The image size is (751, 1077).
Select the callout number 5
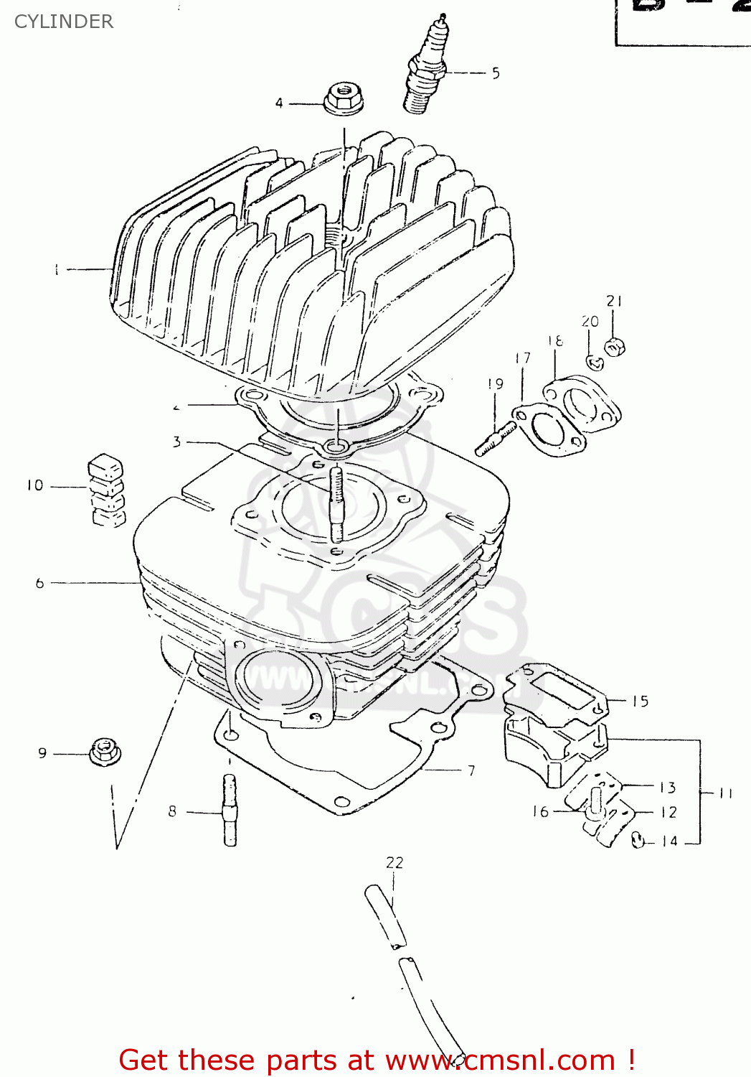(x=496, y=73)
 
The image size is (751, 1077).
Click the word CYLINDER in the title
(x=64, y=22)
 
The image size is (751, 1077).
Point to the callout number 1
(x=56, y=270)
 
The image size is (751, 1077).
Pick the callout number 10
(x=35, y=486)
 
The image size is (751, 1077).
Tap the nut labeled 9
(x=105, y=752)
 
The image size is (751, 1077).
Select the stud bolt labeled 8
(x=230, y=809)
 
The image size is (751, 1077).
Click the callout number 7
(x=471, y=770)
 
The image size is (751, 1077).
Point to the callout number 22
(x=395, y=862)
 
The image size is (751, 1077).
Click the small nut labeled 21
(x=614, y=348)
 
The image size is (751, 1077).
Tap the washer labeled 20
(x=595, y=363)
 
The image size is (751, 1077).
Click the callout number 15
(x=641, y=701)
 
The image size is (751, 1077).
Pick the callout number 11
(x=726, y=793)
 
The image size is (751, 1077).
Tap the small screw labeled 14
(x=638, y=839)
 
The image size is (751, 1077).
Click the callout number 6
(x=40, y=584)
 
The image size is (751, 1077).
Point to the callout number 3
(x=176, y=442)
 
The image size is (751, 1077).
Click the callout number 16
(x=540, y=811)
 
